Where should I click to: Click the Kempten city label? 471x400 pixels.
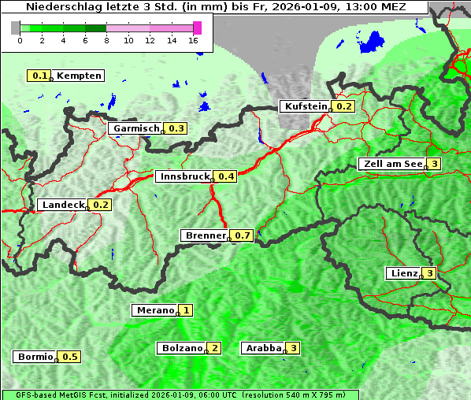coord(79,76)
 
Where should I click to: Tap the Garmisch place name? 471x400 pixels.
coord(136,128)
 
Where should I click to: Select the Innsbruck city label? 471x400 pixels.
coord(184,176)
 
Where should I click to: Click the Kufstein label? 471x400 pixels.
coord(305,106)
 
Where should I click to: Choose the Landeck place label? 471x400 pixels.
coord(63,205)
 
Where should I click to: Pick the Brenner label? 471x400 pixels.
coord(205,235)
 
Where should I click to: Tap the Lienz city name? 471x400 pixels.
coord(403,273)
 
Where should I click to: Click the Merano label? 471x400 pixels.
coord(154,310)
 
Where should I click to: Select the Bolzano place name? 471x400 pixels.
coord(182,347)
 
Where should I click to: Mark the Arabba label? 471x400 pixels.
coord(264,347)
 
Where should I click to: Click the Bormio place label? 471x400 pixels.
coord(35,357)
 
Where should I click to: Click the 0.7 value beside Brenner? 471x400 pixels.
coord(243,235)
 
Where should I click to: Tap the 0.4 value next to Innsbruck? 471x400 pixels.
coord(227,176)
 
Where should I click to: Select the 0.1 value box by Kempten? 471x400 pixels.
coord(39,76)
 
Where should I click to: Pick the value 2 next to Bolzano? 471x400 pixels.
coord(214,347)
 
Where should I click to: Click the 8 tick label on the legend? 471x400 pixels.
coord(106,40)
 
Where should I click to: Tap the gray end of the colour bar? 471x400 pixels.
coord(16,28)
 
